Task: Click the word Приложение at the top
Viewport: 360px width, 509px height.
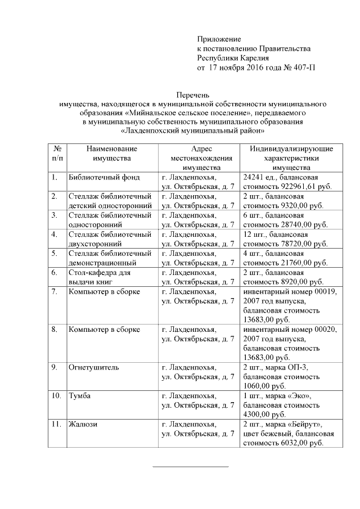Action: click(219, 39)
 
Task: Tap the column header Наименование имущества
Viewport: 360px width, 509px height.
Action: click(111, 154)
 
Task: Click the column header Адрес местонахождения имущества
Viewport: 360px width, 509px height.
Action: click(201, 158)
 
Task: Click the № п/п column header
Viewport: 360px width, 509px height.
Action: click(57, 154)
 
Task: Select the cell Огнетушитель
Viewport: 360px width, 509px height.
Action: click(93, 368)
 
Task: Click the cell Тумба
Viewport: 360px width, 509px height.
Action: click(79, 397)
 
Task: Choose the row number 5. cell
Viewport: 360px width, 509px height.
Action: click(55, 253)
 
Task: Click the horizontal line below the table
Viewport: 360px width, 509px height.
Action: click(191, 467)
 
